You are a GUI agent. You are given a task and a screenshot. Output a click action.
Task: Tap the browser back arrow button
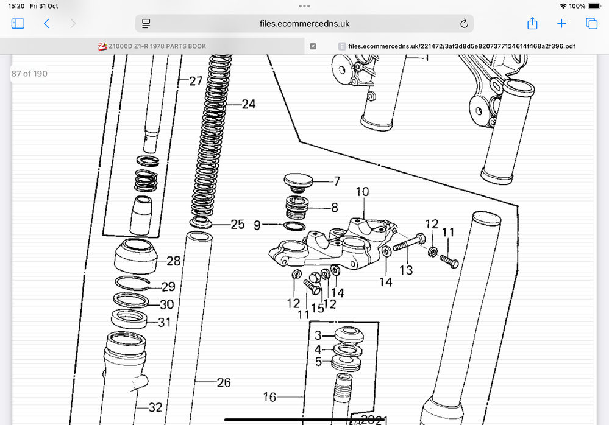click(46, 24)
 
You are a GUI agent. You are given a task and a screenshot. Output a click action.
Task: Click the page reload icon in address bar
click(464, 24)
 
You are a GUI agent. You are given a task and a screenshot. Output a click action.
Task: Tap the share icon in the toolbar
click(532, 23)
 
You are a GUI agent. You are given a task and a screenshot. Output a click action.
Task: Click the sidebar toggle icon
click(18, 24)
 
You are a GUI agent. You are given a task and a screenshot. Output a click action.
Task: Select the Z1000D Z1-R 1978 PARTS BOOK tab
click(152, 46)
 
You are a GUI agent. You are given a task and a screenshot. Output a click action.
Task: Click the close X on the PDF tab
click(313, 46)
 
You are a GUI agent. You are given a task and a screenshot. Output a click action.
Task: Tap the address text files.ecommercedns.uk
click(305, 24)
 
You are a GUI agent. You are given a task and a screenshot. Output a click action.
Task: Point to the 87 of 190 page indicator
click(29, 74)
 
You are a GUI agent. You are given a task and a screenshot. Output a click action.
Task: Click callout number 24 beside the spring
click(249, 104)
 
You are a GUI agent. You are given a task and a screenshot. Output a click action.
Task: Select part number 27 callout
click(196, 80)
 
